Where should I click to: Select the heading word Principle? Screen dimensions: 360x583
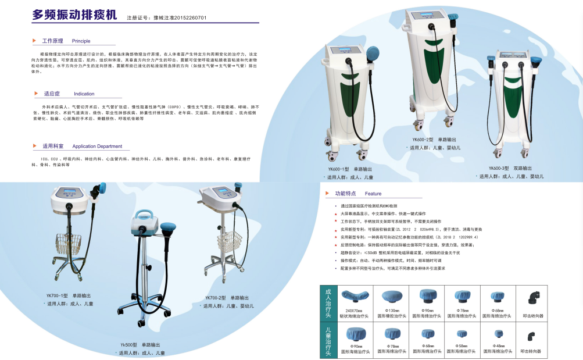click(x=81, y=41)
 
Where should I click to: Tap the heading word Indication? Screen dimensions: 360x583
click(x=84, y=94)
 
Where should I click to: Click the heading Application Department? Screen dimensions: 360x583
click(x=98, y=147)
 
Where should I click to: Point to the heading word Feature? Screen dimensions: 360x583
click(x=373, y=194)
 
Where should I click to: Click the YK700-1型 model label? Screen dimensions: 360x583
click(x=58, y=296)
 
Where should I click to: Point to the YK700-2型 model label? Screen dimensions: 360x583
click(x=216, y=297)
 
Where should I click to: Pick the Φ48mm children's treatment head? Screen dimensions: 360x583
click(x=498, y=334)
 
